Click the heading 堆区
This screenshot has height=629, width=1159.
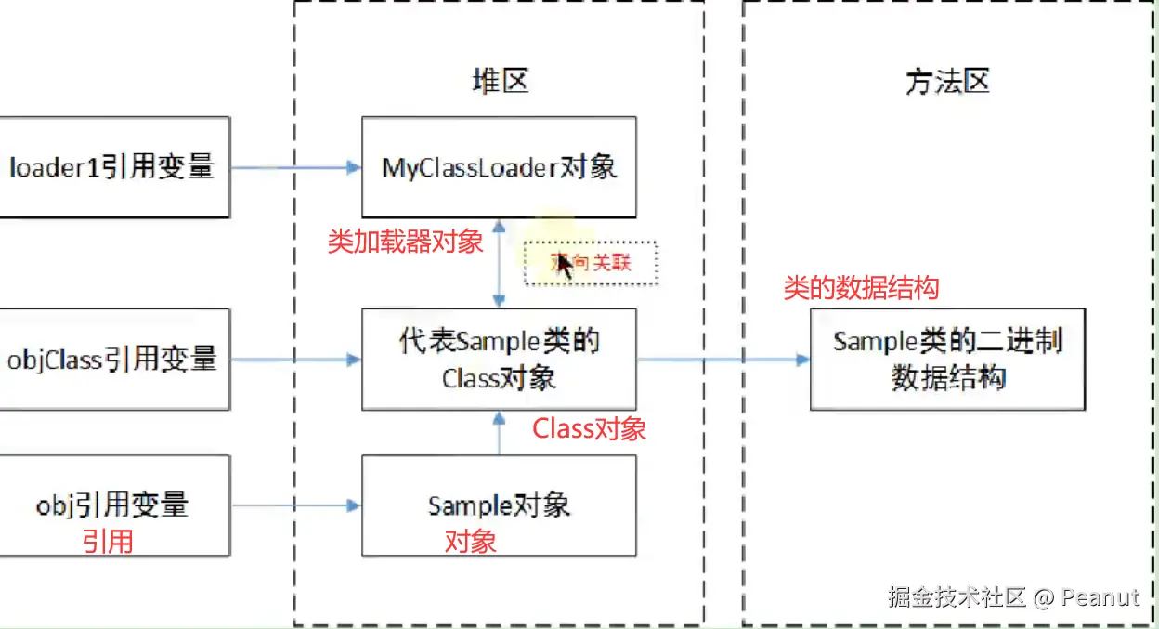tap(500, 82)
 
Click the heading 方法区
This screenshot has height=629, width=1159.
tap(946, 82)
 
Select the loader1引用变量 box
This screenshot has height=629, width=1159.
tap(112, 167)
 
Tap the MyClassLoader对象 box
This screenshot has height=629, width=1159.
tap(499, 167)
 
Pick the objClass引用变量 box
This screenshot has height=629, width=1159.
tap(112, 359)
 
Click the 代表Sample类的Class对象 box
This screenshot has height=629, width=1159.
tap(499, 359)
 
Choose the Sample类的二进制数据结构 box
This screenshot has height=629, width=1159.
tap(947, 359)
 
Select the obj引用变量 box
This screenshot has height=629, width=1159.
tap(112, 505)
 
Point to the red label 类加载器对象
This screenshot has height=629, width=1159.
tap(406, 242)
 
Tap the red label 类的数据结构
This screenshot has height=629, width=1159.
tap(861, 288)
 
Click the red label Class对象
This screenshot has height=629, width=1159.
tap(589, 428)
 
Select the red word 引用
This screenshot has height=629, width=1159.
tap(108, 541)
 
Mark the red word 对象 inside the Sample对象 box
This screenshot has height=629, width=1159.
tap(470, 541)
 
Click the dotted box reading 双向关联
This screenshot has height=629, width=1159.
tap(592, 263)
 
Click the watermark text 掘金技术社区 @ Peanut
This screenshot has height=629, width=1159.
tap(1012, 596)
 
